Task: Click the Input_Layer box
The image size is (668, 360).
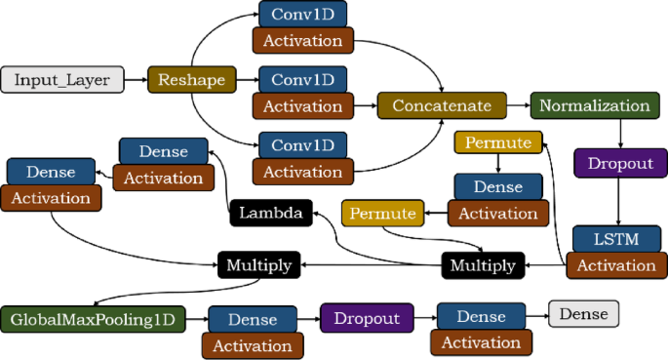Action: click(62, 79)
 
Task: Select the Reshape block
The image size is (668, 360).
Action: click(185, 79)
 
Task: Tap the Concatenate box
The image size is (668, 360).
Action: click(442, 104)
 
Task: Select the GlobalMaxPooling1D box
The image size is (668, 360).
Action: click(91, 318)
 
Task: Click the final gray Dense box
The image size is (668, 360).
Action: click(583, 313)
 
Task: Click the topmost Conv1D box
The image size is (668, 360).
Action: click(302, 15)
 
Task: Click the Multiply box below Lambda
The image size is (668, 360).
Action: click(258, 263)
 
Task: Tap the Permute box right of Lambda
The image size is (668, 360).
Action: click(383, 212)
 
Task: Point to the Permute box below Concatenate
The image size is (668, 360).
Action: click(498, 143)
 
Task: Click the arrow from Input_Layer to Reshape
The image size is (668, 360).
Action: click(137, 79)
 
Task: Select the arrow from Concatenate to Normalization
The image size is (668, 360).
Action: click(519, 104)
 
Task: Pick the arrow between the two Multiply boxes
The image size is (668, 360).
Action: click(371, 264)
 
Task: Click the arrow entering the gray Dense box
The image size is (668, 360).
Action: click(537, 314)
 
